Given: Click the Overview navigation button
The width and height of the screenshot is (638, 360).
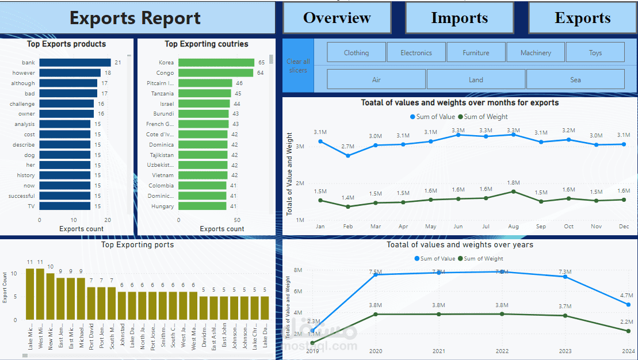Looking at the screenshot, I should click(x=337, y=18).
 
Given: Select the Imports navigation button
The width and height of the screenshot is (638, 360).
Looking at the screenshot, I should click(x=459, y=18).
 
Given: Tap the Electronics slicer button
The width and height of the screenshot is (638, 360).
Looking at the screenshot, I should click(x=416, y=52).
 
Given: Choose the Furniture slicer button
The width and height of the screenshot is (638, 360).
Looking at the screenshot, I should click(x=476, y=52).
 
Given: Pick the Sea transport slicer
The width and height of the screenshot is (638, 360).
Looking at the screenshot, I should click(x=575, y=79).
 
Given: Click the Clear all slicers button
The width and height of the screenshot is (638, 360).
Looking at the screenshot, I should click(x=298, y=66).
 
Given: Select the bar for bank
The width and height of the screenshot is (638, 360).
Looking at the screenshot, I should click(x=75, y=63).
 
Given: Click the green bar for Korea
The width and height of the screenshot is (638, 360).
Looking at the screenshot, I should click(x=216, y=63).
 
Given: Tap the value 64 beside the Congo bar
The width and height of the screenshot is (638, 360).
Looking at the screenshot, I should click(x=261, y=73).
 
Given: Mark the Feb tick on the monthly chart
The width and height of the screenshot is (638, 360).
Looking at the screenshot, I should click(x=347, y=227).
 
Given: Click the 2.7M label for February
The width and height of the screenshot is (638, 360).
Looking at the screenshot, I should click(x=347, y=147).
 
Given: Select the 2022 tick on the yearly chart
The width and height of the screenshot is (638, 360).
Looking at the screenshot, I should click(x=502, y=351).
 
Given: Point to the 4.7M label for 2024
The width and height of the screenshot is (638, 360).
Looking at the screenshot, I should click(x=626, y=296).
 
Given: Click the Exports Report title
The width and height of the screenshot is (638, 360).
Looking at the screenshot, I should click(x=135, y=18).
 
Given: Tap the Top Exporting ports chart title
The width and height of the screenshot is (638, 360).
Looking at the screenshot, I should click(x=137, y=244).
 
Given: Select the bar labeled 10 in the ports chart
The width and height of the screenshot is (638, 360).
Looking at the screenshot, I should click(x=51, y=296).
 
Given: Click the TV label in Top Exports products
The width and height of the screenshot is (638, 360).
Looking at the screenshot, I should click(x=31, y=206).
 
